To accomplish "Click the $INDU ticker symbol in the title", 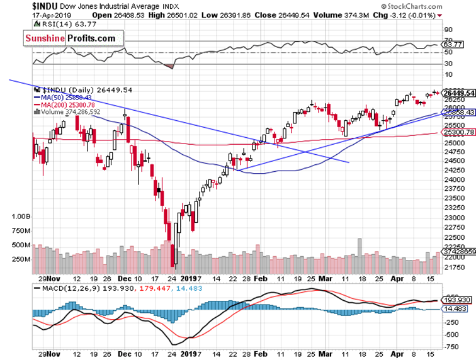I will pos(18,5).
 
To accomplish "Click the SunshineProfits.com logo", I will pos(71,38).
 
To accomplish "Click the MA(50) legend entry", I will pos(63,98).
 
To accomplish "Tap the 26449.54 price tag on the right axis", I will pos(459,93).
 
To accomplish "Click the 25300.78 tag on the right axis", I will pos(459,133).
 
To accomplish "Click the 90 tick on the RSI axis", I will pos(448,29).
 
